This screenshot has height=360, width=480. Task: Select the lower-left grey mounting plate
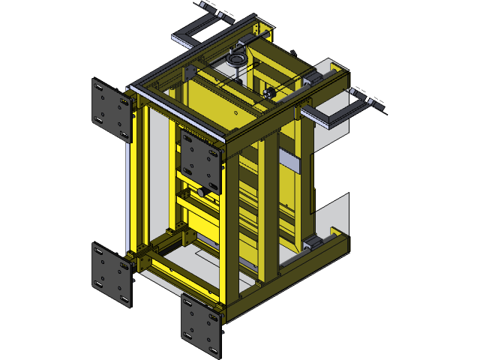pos(112,274)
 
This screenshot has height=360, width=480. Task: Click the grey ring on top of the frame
pos(236,58)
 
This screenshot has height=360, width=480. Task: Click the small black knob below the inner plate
pos(202,193)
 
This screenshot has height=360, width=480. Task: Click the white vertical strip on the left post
pos(128,187)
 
